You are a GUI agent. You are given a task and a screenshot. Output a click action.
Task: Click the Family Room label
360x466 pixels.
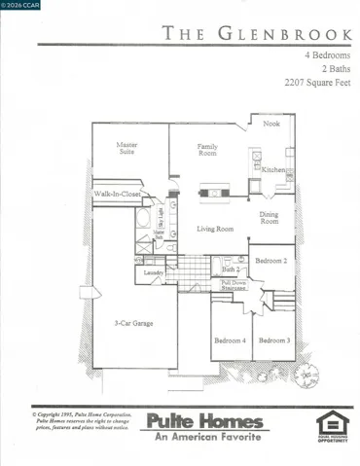point(207,150)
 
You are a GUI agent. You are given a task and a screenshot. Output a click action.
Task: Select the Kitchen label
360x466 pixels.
point(274,170)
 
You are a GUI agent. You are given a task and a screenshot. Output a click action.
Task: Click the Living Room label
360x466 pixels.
point(215,230)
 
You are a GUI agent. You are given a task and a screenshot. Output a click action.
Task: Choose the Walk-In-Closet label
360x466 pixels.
point(117,195)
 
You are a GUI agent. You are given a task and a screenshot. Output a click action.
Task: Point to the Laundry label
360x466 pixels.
point(153,272)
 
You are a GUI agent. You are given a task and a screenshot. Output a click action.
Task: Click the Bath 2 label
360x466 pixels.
point(230,268)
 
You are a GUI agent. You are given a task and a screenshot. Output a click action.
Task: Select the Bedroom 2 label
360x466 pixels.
point(271,261)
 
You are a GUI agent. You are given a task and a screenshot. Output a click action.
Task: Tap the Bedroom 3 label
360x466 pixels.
point(274,340)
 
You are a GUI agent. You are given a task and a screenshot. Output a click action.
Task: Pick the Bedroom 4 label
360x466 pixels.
point(231,340)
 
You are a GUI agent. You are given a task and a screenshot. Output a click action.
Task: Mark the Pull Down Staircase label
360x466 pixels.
point(233,285)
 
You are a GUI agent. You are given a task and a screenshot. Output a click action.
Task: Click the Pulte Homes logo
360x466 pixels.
point(205,425)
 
